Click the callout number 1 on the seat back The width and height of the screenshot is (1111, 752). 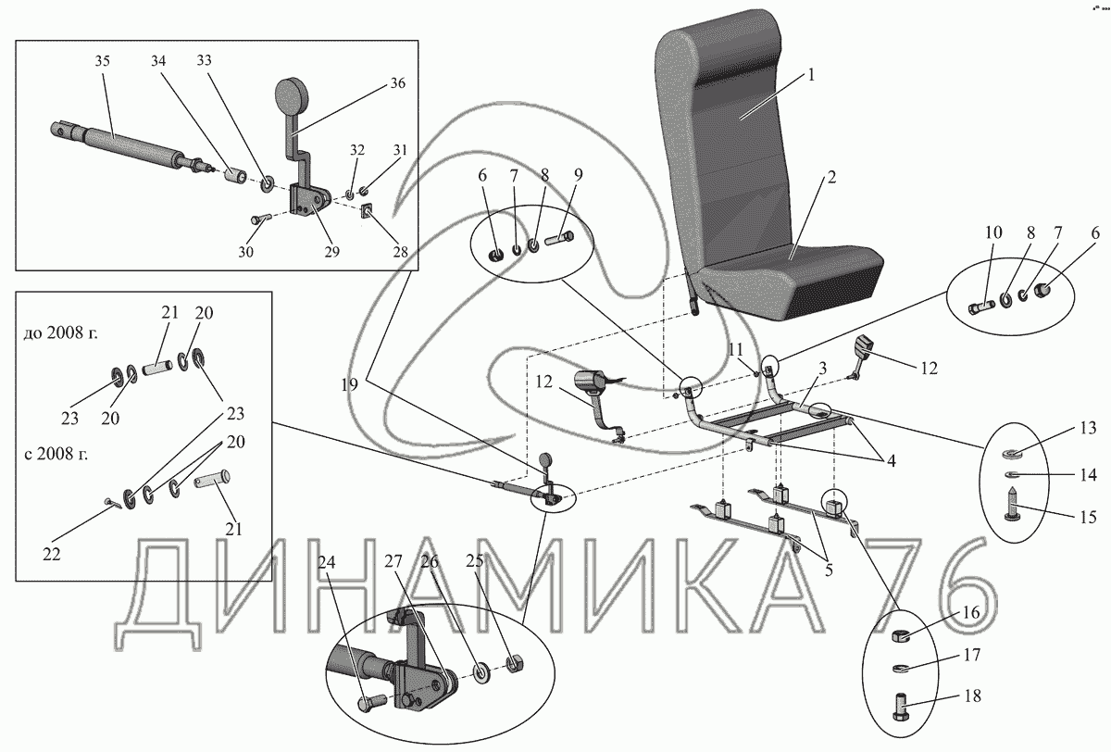click(x=811, y=75)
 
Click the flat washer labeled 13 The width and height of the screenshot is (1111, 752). click(x=1013, y=454)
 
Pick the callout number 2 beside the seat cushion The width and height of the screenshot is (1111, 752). click(x=830, y=178)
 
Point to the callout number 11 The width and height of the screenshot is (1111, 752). click(x=735, y=349)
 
